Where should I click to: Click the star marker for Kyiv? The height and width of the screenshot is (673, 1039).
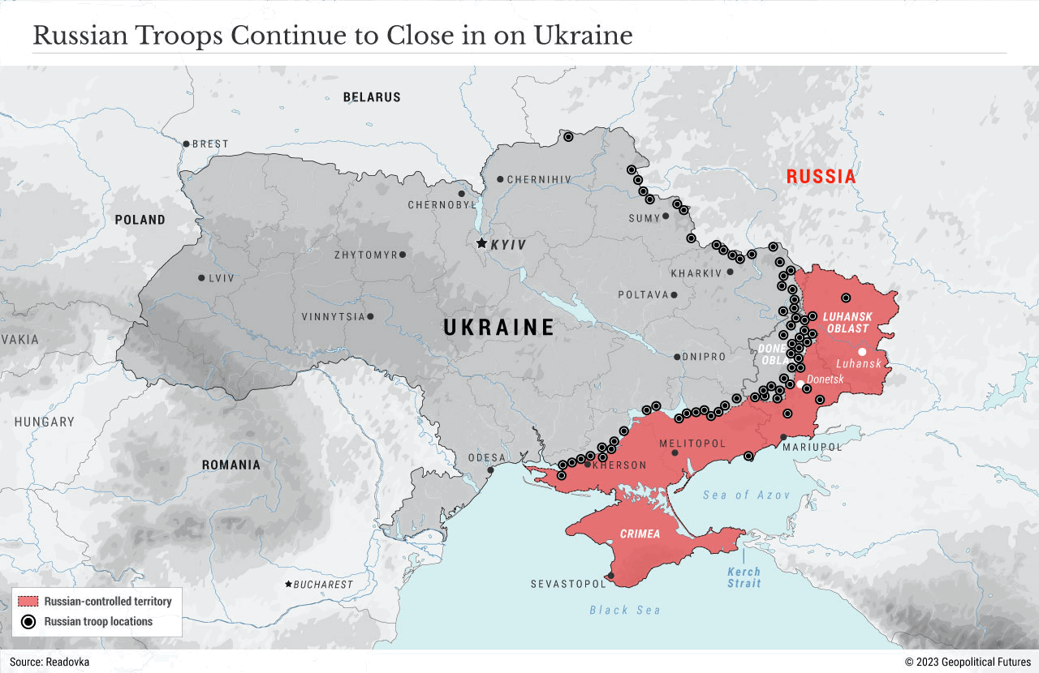coord(481,243)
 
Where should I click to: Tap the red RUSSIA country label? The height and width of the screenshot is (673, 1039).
coord(821,177)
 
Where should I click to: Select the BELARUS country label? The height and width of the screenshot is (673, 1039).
coord(372,97)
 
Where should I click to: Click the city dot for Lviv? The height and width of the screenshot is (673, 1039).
coord(201,278)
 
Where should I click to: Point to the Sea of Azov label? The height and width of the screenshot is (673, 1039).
coord(746,495)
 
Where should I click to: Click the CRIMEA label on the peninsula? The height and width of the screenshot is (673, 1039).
coord(640,534)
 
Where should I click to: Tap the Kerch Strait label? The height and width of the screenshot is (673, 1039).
coord(744,577)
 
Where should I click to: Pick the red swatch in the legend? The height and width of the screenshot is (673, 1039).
coord(29,602)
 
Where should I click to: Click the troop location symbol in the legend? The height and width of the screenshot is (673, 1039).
coord(29,622)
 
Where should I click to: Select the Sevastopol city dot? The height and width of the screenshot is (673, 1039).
coord(610,577)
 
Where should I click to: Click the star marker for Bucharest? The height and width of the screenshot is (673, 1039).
coord(288,584)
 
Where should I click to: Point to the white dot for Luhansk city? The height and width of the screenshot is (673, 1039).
coord(862,352)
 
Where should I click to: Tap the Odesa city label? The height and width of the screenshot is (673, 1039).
coord(486,458)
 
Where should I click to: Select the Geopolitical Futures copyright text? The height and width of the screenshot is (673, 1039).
coord(968,662)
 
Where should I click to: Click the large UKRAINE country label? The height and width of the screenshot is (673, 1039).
coord(498,328)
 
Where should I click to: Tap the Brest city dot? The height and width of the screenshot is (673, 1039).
coord(186,144)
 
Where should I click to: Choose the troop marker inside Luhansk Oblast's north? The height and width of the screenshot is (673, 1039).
coord(845,298)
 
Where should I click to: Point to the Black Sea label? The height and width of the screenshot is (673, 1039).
coord(624,610)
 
